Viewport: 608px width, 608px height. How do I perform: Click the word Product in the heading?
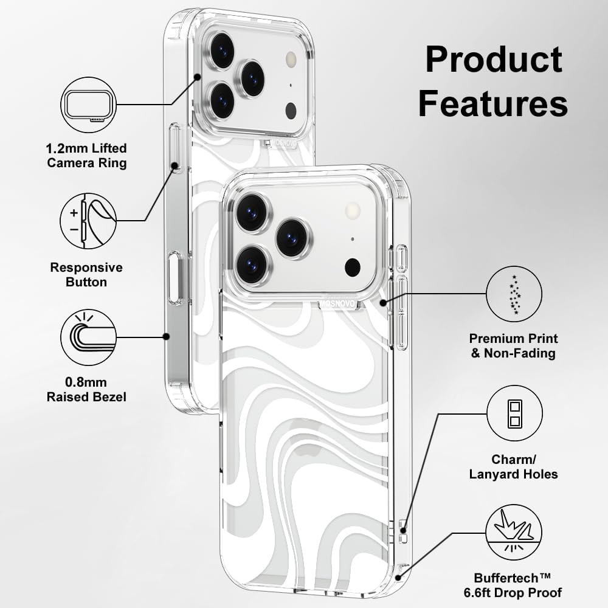coord(493,61)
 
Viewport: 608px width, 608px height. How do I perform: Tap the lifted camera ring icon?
coord(88,105)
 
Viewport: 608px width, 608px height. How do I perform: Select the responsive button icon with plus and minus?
coord(88,220)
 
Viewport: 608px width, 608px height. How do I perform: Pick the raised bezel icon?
coord(88,337)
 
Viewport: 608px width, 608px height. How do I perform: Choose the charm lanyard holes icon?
coord(514,413)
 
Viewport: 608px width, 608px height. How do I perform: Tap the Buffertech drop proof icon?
coord(514,534)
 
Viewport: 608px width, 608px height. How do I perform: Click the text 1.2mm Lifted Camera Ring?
coord(87,155)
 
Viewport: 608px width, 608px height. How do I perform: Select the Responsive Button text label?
coord(86,275)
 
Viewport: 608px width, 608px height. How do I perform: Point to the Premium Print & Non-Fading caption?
coord(514,345)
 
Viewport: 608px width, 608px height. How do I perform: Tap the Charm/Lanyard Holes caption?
coord(514,466)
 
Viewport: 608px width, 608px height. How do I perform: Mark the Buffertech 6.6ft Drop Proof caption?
coord(518,585)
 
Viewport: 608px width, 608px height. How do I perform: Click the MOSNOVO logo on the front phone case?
coord(338,300)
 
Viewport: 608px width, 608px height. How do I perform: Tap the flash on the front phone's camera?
coord(352,211)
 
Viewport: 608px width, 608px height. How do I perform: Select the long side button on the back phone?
coord(175,278)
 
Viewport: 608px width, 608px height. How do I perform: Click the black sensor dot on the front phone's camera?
coord(352,267)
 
